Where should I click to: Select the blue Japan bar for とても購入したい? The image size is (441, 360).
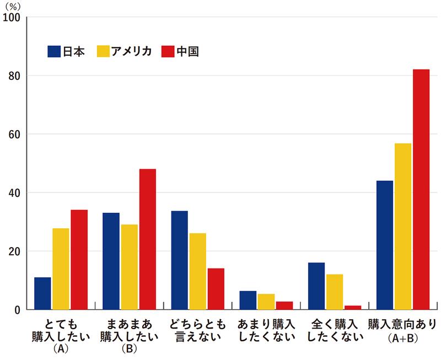(x=42, y=293)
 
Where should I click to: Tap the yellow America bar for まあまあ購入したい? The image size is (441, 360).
(x=130, y=267)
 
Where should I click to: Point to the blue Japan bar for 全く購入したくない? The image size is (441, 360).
(x=316, y=286)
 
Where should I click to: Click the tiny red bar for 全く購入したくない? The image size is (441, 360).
(x=353, y=307)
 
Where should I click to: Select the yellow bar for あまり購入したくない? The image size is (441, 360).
(x=266, y=302)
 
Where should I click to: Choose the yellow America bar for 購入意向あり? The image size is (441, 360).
(x=403, y=226)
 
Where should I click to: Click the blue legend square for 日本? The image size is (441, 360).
(x=54, y=51)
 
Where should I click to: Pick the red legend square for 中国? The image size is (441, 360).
(x=168, y=51)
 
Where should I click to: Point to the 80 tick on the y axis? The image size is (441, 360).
(x=14, y=76)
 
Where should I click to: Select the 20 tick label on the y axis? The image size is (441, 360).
(x=14, y=251)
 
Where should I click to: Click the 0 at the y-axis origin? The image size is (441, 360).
(x=18, y=310)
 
